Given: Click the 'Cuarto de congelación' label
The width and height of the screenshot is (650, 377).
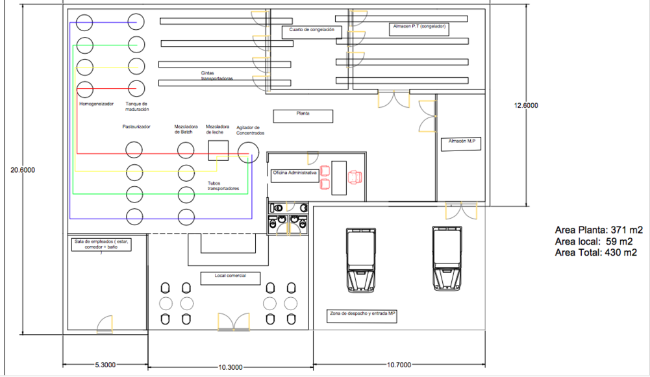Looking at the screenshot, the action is pyautogui.click(x=311, y=30).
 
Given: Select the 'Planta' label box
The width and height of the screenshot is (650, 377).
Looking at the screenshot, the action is pyautogui.click(x=303, y=116).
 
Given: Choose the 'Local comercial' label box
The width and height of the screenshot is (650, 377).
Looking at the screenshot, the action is pyautogui.click(x=231, y=278).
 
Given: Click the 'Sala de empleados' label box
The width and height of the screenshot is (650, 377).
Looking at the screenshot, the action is pyautogui.click(x=101, y=245).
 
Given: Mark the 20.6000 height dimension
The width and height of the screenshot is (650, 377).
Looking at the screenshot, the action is pyautogui.click(x=23, y=170).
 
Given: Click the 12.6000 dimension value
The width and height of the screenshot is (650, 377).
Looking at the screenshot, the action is pyautogui.click(x=526, y=105).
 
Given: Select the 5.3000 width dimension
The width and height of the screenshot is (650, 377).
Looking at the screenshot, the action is pyautogui.click(x=105, y=365).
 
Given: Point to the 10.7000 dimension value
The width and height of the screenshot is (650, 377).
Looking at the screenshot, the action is pyautogui.click(x=399, y=365).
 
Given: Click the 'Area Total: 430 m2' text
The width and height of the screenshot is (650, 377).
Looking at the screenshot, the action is pyautogui.click(x=595, y=252).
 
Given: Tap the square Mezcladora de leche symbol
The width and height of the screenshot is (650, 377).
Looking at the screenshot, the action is pyautogui.click(x=218, y=151).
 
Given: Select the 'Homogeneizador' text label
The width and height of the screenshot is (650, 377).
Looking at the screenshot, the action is pyautogui.click(x=96, y=104).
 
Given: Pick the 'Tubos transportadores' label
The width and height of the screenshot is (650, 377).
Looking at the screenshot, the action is pyautogui.click(x=223, y=186).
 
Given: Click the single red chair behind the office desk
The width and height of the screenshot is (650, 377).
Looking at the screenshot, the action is pyautogui.click(x=355, y=177).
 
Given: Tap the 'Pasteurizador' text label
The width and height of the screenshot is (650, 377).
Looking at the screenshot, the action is pyautogui.click(x=136, y=127).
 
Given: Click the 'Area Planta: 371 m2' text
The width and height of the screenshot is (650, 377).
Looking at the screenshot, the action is pyautogui.click(x=599, y=230).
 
